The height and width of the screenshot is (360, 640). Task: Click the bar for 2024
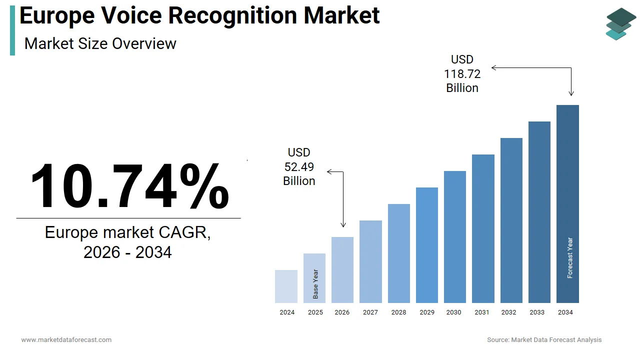point(286,286)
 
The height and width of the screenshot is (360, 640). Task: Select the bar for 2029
point(427,245)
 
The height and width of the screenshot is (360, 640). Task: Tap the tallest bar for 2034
point(567,204)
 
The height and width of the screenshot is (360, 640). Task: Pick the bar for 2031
point(483,228)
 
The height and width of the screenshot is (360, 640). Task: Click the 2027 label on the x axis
point(370,312)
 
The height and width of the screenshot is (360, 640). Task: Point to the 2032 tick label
point(508,312)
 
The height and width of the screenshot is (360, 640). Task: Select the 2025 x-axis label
point(315,312)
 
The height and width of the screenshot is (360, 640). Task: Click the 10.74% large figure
point(129,186)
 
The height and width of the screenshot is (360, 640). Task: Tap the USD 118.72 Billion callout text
point(462,74)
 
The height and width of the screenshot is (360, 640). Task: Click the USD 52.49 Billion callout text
point(299,166)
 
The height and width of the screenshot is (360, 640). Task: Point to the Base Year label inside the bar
point(315,284)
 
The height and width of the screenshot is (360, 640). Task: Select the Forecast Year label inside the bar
point(570,258)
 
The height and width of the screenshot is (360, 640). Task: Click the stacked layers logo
point(620,23)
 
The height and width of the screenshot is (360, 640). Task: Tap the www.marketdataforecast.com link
point(66,340)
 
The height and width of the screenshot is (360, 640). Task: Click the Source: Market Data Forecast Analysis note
point(544,340)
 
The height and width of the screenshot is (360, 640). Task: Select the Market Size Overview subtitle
point(100,43)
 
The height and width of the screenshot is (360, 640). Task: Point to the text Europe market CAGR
point(128,232)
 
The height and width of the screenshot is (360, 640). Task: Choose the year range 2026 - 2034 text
point(128,252)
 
